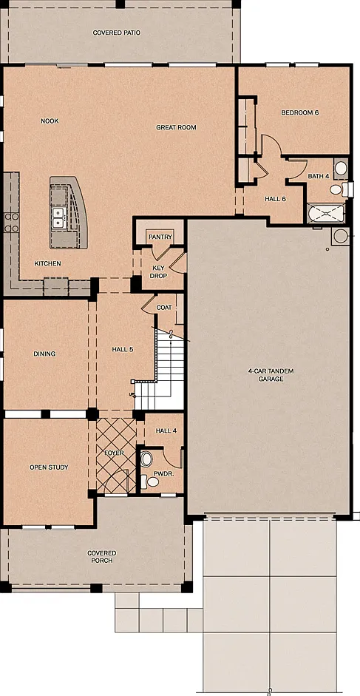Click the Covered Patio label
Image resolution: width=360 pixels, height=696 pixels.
point(116,33)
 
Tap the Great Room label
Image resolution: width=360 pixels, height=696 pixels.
point(176,127)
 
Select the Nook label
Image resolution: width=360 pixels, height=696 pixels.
point(50,121)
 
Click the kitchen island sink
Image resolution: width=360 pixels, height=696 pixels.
point(58,217)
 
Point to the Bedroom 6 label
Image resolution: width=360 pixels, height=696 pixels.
point(300,112)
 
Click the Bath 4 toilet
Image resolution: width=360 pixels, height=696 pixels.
point(337,190)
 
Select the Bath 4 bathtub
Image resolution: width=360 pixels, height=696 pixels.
point(326,213)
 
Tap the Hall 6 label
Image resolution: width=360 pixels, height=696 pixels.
point(275,199)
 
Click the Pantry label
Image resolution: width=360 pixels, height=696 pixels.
point(160,237)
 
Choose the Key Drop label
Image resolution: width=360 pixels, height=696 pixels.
point(160,272)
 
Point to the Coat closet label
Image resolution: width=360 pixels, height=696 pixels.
point(164,308)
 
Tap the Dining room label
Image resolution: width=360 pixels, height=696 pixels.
point(44,354)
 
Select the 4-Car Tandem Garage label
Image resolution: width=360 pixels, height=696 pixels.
point(271,375)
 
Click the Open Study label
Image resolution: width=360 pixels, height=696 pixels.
point(49,467)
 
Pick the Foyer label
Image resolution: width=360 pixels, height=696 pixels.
point(114,453)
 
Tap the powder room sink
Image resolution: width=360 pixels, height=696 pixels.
point(146,459)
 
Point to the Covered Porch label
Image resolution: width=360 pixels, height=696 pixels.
point(102,557)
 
